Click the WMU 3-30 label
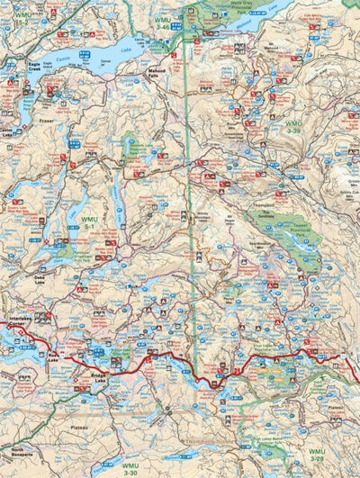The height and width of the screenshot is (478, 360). [130, 468]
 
